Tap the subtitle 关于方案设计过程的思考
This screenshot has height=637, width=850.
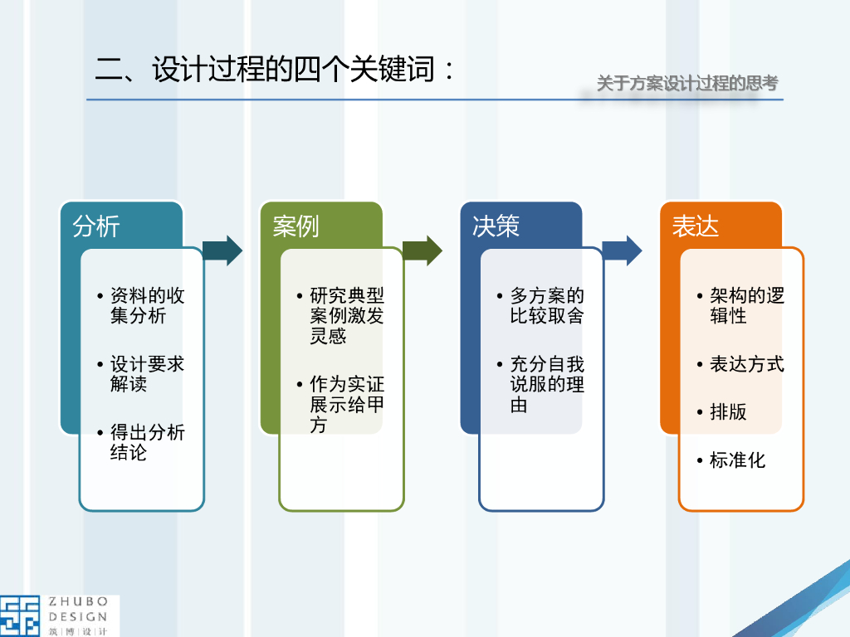click(687, 83)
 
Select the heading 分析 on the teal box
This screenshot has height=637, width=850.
click(96, 226)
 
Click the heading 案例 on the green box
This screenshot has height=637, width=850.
click(296, 226)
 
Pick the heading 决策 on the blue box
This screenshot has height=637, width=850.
click(496, 226)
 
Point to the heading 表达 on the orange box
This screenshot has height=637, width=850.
click(696, 226)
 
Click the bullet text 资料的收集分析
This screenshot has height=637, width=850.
click(147, 305)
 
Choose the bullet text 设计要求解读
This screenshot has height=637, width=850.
click(147, 374)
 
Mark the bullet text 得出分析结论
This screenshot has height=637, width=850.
click(147, 442)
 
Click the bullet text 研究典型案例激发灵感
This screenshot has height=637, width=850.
click(346, 316)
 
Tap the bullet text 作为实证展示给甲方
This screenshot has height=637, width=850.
click(346, 405)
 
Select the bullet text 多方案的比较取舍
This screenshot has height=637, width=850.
click(547, 305)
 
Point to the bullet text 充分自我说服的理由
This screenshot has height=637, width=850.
click(547, 384)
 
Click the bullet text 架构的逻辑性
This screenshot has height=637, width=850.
click(746, 305)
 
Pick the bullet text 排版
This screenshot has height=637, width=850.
click(728, 412)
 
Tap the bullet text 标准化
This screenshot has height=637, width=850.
click(737, 460)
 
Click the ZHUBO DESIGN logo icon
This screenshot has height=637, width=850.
click(20, 615)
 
